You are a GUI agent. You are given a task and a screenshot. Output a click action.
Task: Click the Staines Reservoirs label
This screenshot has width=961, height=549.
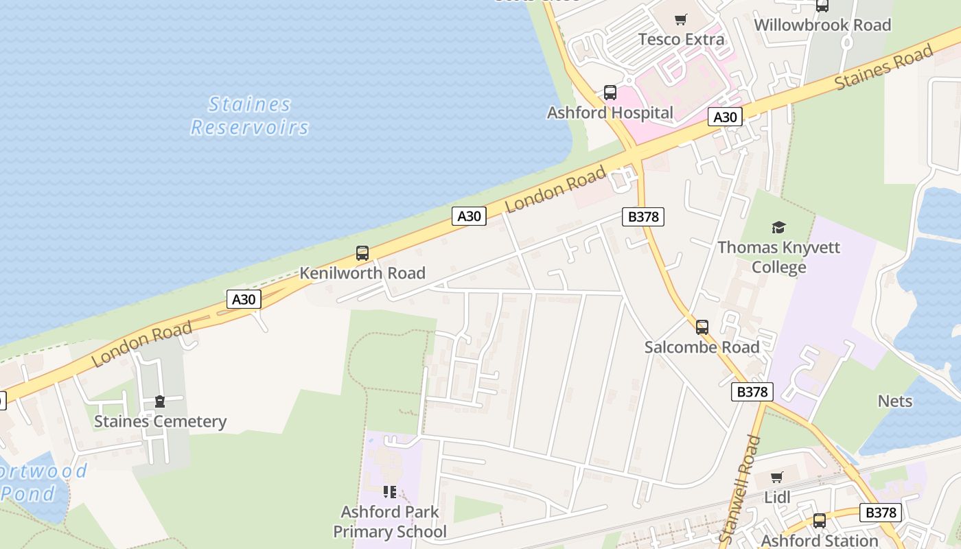(x=250, y=116)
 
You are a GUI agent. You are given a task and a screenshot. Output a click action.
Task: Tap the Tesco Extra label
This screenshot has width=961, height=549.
(x=681, y=39)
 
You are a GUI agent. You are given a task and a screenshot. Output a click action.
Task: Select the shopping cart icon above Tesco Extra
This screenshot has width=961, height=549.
(x=680, y=19)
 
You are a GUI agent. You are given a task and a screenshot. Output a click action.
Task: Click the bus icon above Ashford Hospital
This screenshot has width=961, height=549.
(x=610, y=92)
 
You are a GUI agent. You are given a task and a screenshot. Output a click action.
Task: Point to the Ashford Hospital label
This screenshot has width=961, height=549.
(x=610, y=113)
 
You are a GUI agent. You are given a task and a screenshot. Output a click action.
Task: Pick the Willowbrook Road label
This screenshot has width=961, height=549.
(x=822, y=25)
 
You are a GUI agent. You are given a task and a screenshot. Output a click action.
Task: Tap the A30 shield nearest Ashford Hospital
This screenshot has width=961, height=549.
(x=725, y=117)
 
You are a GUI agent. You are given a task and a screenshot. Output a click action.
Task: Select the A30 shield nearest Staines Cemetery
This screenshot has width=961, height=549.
(x=244, y=299)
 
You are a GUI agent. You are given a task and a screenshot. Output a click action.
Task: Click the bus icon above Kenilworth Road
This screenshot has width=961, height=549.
(x=362, y=253)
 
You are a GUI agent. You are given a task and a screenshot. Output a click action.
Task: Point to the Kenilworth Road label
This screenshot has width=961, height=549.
(x=362, y=273)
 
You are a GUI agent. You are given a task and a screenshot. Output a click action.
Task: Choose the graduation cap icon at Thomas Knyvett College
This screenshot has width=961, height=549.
(x=778, y=227)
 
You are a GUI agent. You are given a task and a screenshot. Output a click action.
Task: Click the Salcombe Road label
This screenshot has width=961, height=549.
(x=702, y=347)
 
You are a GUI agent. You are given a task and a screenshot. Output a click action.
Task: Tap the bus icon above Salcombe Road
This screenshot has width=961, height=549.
(x=702, y=327)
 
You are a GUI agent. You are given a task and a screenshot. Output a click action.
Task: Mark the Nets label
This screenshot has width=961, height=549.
(x=895, y=401)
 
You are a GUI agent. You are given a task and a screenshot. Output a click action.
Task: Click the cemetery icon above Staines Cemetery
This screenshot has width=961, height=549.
(x=160, y=401)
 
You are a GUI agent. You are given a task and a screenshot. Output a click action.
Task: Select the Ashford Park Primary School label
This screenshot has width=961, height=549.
(x=389, y=522)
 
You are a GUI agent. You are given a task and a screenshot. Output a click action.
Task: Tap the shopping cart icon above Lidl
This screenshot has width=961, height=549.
(x=777, y=478)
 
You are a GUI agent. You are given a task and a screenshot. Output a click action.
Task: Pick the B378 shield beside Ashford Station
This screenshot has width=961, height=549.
(x=881, y=513)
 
